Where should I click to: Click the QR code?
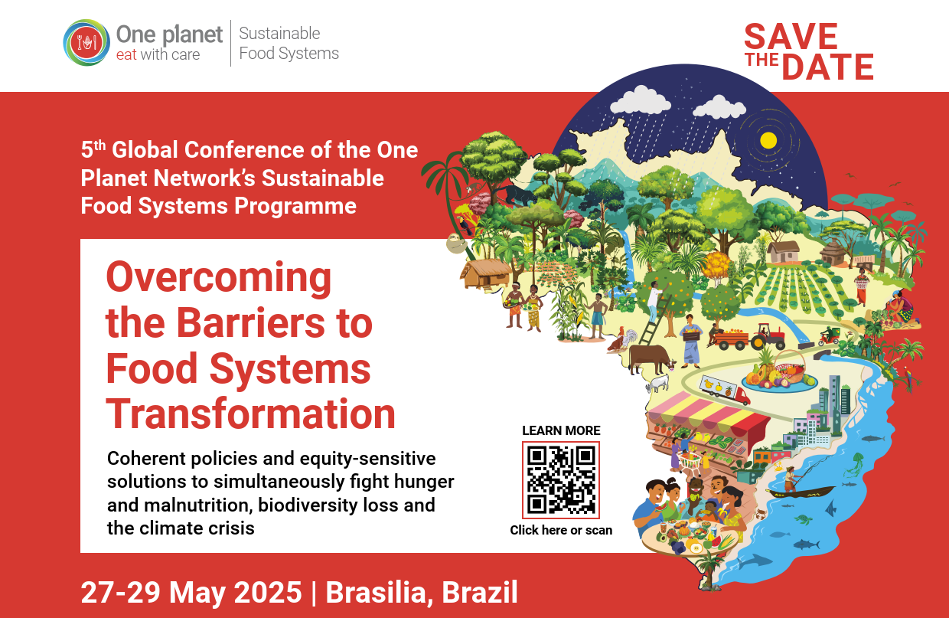tap(561, 480)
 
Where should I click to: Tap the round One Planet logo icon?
tap(86, 42)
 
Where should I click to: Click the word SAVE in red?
tap(791, 37)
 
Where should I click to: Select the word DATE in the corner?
tap(827, 67)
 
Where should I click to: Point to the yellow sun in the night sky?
tap(768, 140)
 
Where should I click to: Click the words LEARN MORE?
tap(561, 430)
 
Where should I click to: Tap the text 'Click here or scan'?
tap(561, 530)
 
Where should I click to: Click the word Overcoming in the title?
tap(219, 279)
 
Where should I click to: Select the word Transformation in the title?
tap(250, 414)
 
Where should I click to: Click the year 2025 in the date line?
tap(268, 592)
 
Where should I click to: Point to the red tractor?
tap(768, 337)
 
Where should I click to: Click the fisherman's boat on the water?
tap(800, 492)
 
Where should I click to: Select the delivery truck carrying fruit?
tap(724, 390)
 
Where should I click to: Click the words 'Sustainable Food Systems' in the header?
tap(289, 43)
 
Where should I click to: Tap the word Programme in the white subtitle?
tap(295, 207)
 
